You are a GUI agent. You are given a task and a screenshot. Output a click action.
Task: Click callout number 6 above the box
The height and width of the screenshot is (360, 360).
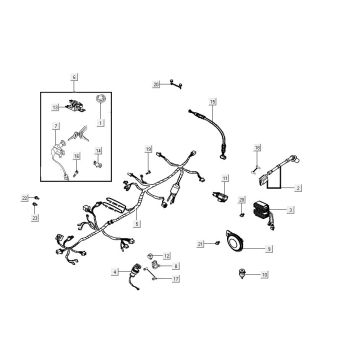[x=74, y=76]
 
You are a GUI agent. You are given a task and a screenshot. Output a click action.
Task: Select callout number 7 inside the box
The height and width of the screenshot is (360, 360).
[x=56, y=126]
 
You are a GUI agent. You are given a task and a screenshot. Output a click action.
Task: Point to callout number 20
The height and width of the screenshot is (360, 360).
[x=156, y=86]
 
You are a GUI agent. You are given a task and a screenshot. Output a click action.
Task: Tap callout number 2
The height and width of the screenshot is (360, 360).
[x=298, y=187]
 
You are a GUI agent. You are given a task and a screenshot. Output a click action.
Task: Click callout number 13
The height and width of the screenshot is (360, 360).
[x=166, y=256]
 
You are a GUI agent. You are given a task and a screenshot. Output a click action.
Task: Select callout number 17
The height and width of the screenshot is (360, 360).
[x=176, y=279]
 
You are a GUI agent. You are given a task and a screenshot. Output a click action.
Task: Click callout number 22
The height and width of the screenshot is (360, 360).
[x=25, y=201]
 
